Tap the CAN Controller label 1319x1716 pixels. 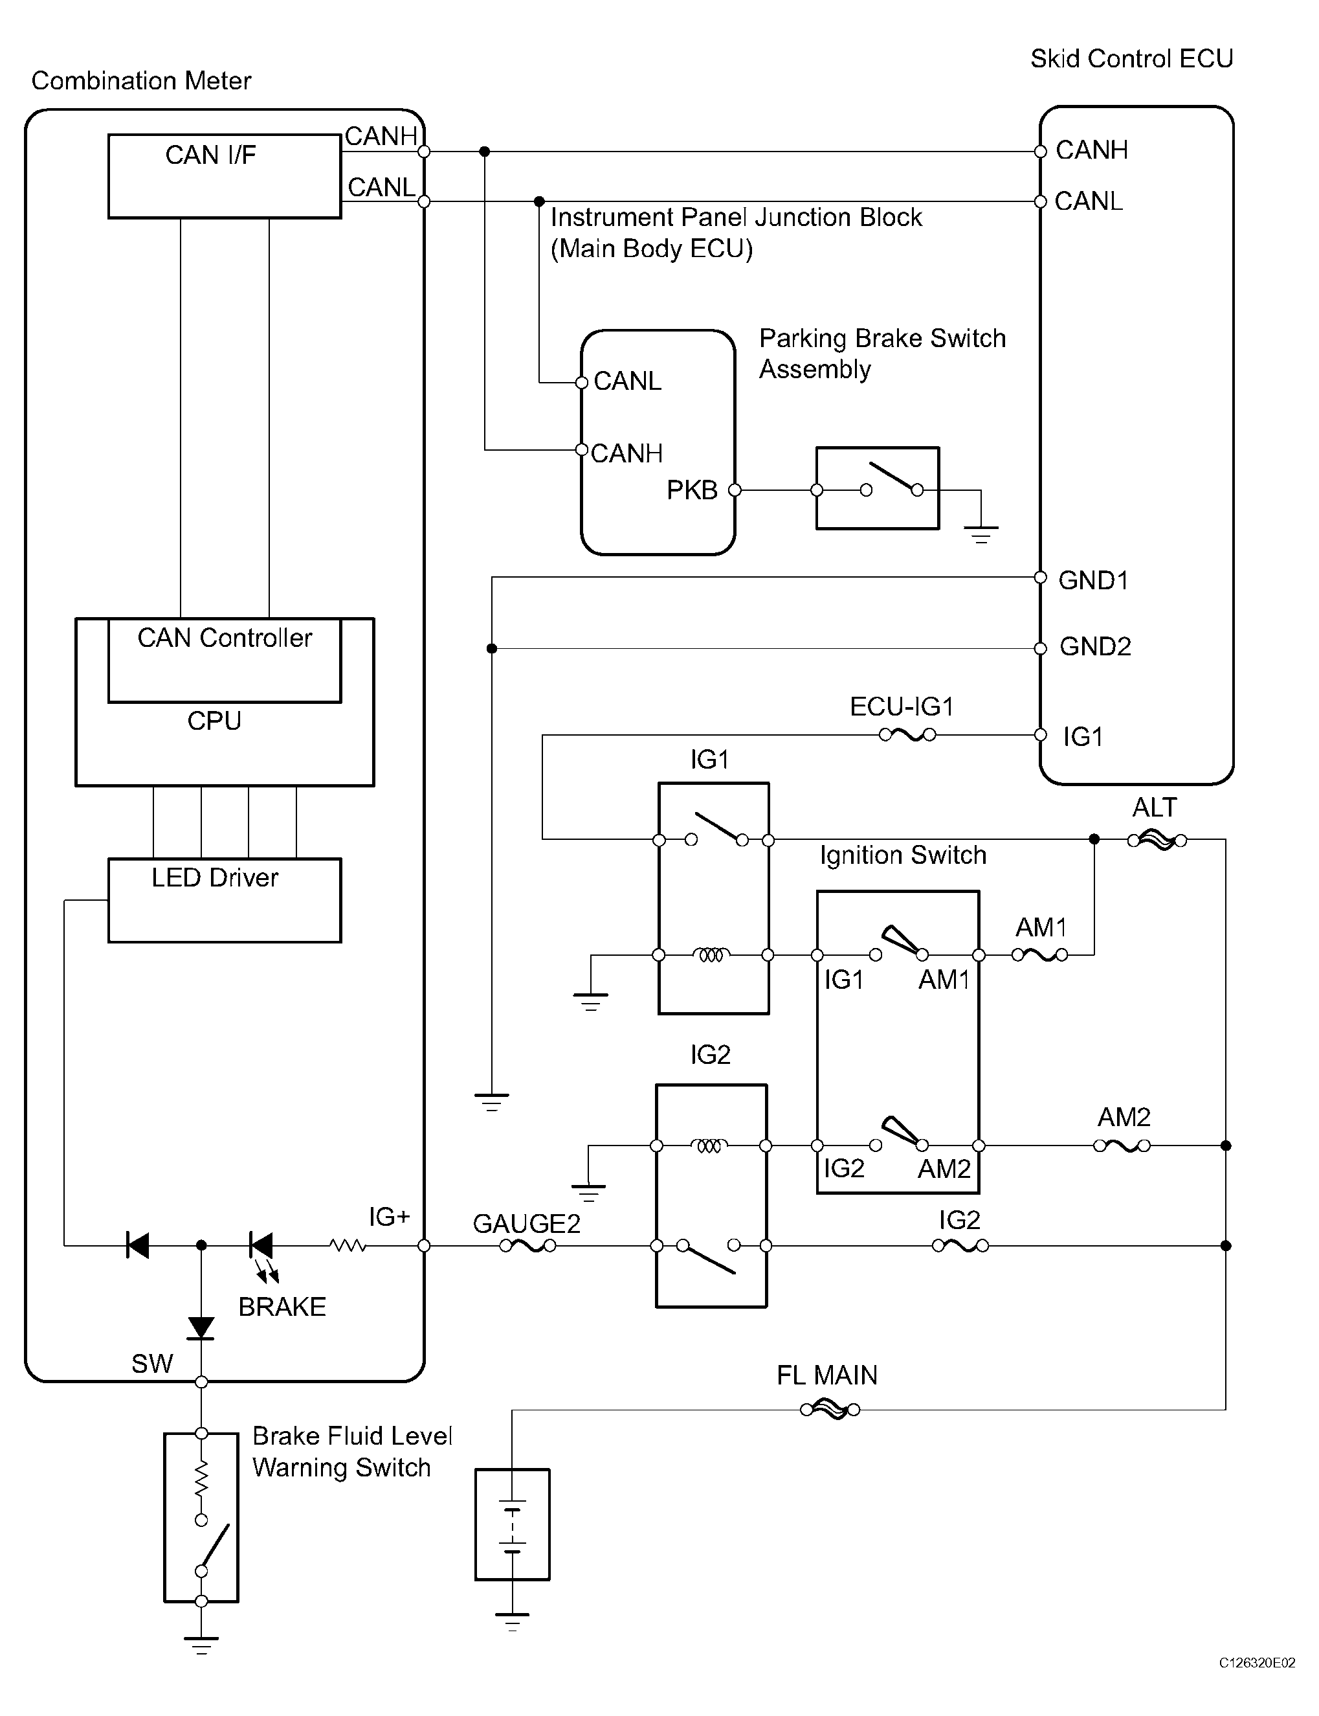pos(225,638)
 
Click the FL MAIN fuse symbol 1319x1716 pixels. pos(830,1410)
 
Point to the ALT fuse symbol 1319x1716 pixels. pos(1157,841)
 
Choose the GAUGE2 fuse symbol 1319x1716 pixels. pos(527,1246)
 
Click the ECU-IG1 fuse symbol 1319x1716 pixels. pos(907,735)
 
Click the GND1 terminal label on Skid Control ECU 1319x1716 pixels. pos(1093,580)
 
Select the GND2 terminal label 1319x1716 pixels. pos(1095,646)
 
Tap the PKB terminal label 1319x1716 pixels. pos(693,490)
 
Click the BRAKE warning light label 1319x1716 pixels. pos(282,1307)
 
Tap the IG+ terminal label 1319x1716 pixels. pos(390,1217)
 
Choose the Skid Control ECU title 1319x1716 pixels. pos(1131,59)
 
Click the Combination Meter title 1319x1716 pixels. pos(141,81)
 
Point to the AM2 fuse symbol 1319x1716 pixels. pos(1122,1146)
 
